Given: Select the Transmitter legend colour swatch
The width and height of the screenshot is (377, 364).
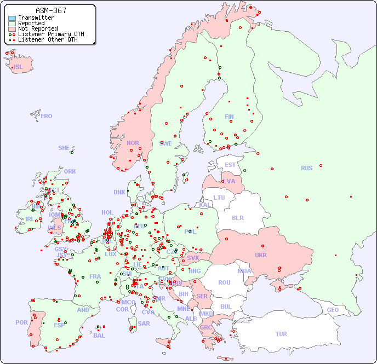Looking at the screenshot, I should [12, 18].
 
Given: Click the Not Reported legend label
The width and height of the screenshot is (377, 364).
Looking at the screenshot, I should [37, 28].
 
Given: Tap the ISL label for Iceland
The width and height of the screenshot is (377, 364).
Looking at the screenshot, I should [19, 67].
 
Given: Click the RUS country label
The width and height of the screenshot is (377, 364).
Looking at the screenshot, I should [306, 168].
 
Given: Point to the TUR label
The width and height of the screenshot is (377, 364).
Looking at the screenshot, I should [281, 334].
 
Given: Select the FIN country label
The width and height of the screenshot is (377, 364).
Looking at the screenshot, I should [229, 117].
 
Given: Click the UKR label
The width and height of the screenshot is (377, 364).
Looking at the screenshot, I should [261, 255].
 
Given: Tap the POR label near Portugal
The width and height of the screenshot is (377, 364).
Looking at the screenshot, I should [21, 322].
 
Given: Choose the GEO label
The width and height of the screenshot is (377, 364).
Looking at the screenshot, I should [333, 310].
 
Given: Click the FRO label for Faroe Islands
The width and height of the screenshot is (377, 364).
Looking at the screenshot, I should [47, 116].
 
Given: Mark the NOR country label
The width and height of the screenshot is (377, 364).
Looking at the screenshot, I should [133, 143].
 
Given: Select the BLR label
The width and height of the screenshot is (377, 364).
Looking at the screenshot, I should [238, 217].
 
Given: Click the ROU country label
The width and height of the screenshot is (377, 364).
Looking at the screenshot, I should [224, 282].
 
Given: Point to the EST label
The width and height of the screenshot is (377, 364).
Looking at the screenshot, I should [230, 165].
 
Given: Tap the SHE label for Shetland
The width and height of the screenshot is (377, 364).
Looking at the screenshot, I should [64, 148].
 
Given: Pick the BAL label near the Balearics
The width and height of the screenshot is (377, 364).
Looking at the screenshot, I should [99, 335].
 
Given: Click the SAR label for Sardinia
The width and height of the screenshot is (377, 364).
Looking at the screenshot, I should [144, 323].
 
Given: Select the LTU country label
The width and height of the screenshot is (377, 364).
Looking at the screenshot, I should [219, 198].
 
